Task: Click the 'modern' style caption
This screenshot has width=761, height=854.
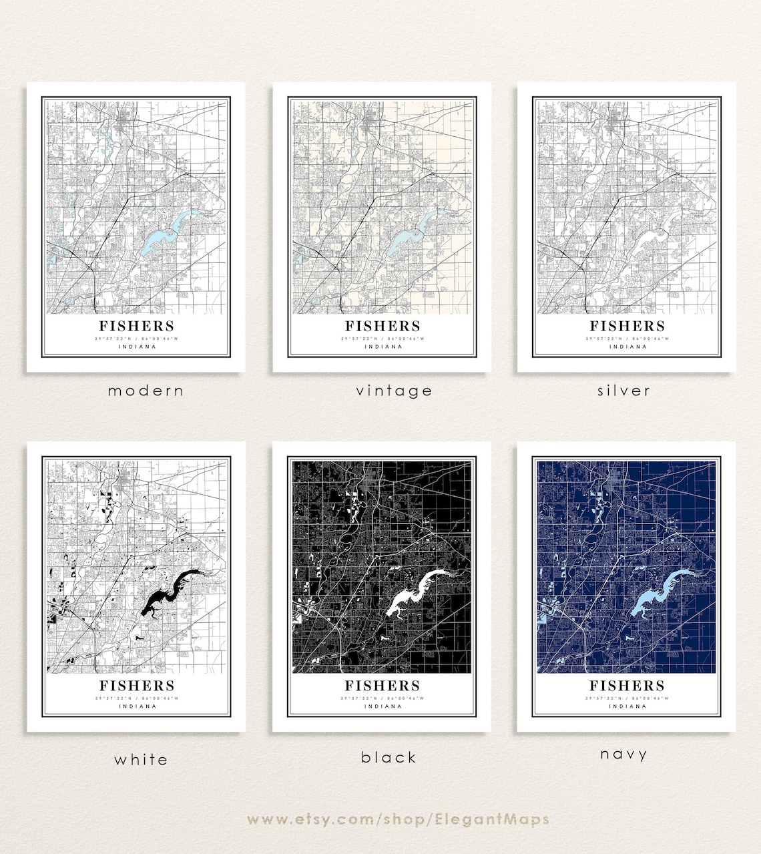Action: coord(146,391)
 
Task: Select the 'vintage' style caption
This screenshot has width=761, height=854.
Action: coord(394,391)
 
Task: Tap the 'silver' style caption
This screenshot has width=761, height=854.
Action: coord(623,391)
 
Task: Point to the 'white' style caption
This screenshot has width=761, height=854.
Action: coord(141,759)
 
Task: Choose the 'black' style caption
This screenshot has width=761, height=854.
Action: coord(389,757)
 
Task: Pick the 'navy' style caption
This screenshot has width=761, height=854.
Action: coord(623,754)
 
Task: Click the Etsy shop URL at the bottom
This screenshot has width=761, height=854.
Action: coord(398,819)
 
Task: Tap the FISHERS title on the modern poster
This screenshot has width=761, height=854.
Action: coord(137,326)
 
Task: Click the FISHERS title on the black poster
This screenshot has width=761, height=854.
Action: coord(383,685)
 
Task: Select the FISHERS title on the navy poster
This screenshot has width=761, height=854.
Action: coord(627,685)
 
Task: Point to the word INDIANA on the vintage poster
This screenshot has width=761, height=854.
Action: coord(383,347)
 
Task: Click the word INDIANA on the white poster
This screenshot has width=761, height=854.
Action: coord(138,706)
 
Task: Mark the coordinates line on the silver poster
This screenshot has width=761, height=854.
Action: coord(627,339)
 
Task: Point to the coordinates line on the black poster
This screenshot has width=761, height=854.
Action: coord(383,698)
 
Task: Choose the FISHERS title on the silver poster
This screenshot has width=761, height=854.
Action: coord(627,326)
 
